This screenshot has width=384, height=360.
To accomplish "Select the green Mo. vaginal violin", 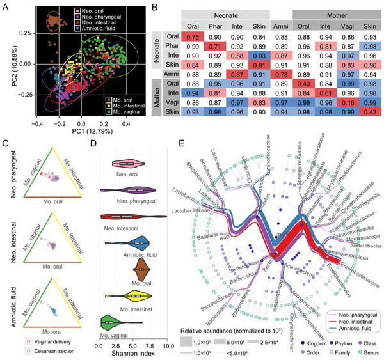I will [110, 323].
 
